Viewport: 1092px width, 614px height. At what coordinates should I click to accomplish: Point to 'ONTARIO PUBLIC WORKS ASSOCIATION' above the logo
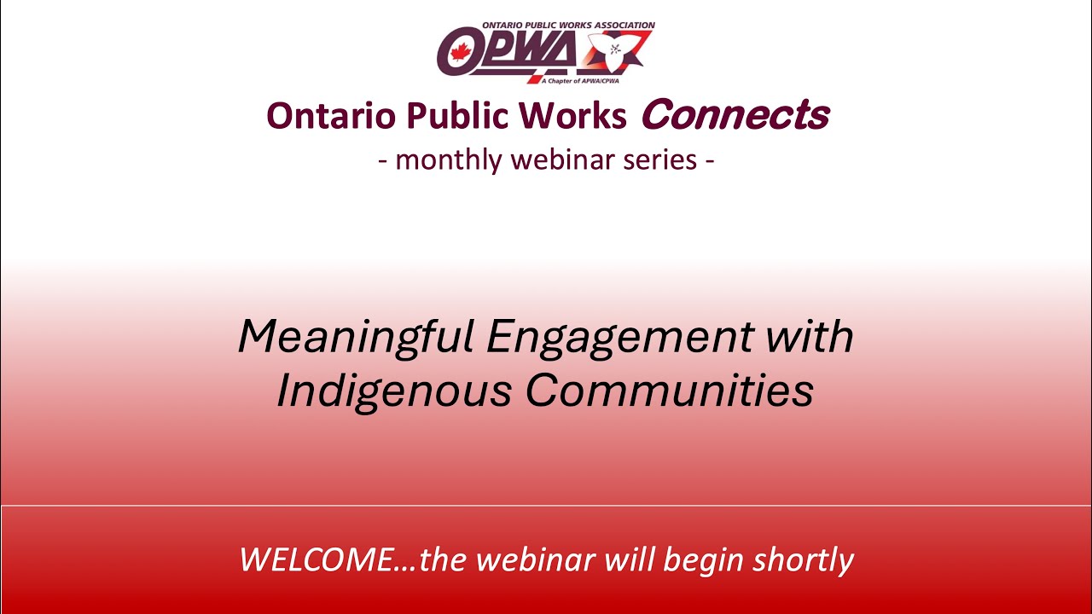pos(568,26)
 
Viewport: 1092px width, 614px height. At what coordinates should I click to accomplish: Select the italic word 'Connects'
pos(735,114)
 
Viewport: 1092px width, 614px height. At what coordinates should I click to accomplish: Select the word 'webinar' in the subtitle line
pos(564,159)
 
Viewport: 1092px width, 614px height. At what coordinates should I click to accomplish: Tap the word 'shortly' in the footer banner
pos(804,560)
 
